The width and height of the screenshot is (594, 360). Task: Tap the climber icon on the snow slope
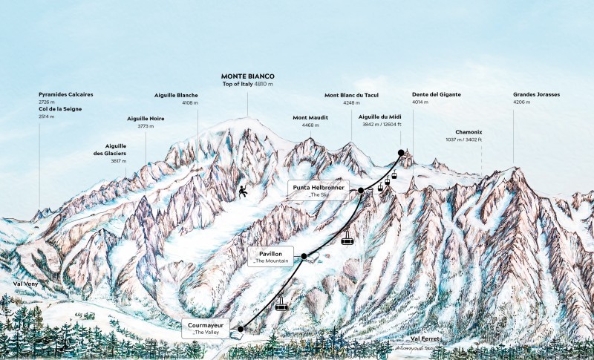pos(243,192)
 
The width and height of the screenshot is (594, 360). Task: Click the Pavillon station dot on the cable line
pos(304,256)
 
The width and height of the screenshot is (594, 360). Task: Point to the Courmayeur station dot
pos(241,328)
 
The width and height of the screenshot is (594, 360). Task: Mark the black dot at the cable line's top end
pos(400,153)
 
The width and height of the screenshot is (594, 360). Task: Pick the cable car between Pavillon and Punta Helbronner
pos(346,238)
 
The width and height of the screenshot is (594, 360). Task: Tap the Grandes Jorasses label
pos(536,95)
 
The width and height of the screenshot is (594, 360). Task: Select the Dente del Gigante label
pos(437,95)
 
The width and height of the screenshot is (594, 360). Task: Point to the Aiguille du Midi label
pos(380,117)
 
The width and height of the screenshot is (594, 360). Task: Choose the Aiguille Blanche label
pos(177,95)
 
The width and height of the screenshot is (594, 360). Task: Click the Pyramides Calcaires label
pos(66,95)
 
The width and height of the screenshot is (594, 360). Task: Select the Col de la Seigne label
pos(60,109)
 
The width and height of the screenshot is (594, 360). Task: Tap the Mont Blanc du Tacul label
pos(352,95)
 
